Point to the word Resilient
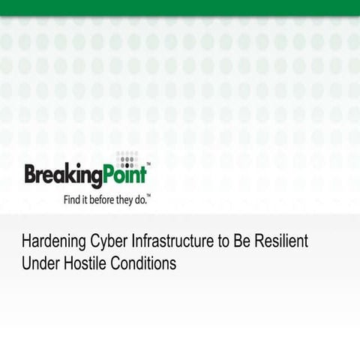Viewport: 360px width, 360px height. (x=280, y=242)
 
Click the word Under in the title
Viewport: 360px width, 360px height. (x=39, y=264)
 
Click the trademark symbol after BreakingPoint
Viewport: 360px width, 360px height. (x=148, y=164)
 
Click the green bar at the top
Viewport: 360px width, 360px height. (x=180, y=7)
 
